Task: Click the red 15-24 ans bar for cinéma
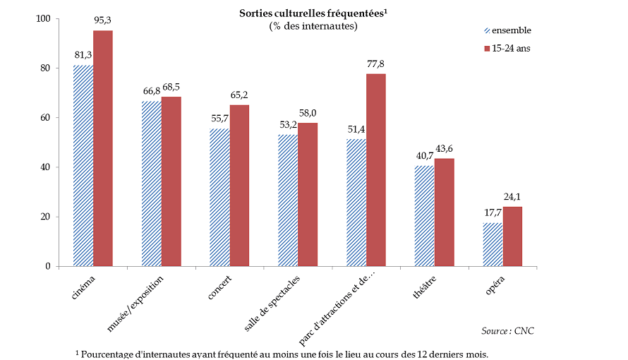tap(103, 148)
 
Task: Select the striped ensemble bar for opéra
tap(493, 245)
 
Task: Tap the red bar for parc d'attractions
tap(376, 170)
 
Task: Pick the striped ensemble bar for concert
tap(219, 198)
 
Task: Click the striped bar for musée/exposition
tap(151, 184)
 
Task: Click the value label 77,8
tap(376, 64)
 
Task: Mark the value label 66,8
tap(152, 92)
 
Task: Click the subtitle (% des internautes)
tap(313, 26)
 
